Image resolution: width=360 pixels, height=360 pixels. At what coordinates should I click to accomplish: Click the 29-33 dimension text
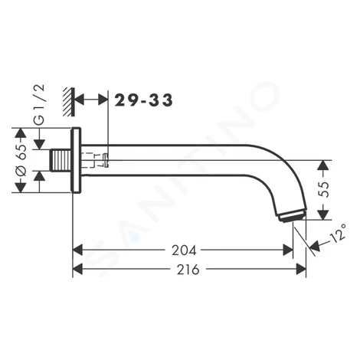(143, 100)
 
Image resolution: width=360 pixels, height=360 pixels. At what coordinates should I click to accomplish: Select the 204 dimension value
(184, 250)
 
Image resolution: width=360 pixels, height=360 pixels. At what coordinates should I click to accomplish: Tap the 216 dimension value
(188, 270)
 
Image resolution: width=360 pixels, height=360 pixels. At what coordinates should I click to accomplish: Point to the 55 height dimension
(323, 189)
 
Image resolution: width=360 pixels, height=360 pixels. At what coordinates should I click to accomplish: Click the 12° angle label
(339, 233)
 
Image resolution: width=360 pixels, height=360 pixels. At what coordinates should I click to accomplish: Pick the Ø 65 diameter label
(21, 160)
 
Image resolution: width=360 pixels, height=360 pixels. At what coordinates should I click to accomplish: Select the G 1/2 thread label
(39, 105)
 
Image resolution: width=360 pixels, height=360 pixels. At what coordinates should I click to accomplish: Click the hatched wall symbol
(69, 102)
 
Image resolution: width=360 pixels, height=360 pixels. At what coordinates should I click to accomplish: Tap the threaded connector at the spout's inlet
(61, 160)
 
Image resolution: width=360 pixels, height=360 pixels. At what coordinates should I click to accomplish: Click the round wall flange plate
(76, 160)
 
